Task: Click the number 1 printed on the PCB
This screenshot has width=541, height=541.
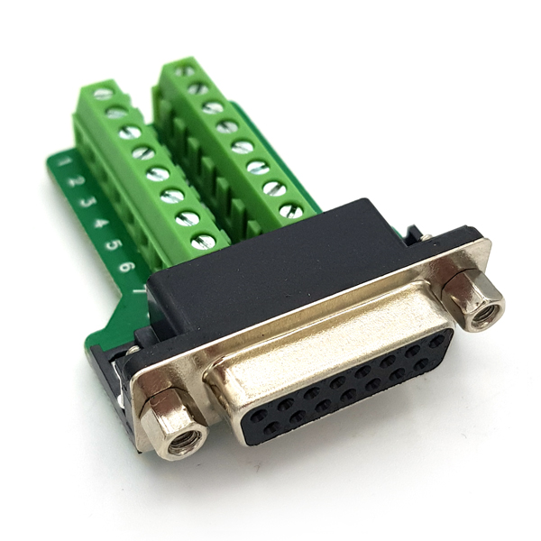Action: [x=64, y=162]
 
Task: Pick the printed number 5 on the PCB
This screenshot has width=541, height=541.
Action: [x=114, y=243]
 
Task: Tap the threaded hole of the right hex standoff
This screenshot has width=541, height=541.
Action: [x=488, y=315]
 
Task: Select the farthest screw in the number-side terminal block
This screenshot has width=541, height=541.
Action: [x=103, y=93]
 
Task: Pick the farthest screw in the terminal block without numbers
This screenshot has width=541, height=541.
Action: [x=184, y=71]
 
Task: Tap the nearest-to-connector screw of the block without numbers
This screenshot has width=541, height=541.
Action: [x=291, y=211]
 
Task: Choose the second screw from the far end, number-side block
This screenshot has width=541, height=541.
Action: [x=116, y=112]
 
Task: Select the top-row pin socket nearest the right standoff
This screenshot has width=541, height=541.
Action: [x=437, y=342]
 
